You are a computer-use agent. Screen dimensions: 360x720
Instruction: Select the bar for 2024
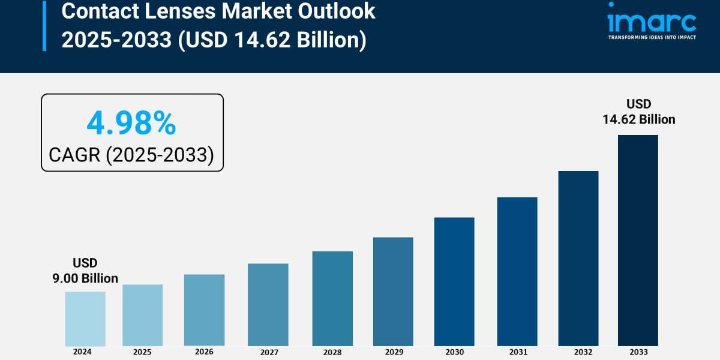pos(85,319)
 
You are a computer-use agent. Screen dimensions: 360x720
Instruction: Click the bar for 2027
pos(268,305)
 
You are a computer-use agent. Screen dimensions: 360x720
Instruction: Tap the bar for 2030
pos(454,281)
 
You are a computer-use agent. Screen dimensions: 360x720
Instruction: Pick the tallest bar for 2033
pos(638,240)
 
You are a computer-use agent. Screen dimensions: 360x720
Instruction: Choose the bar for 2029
pos(393,292)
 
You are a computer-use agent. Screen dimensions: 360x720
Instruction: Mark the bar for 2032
pos(578,258)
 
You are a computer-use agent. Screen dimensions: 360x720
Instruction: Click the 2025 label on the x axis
pos(142,352)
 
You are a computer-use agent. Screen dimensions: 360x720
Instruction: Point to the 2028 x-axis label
pos(332,352)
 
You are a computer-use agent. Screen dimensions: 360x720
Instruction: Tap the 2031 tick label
pos(517,352)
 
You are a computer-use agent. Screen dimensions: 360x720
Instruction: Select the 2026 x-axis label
pos(204,352)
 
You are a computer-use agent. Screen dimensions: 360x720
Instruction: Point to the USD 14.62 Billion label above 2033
pos(638,112)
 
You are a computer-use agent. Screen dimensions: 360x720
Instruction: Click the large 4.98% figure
pos(131,124)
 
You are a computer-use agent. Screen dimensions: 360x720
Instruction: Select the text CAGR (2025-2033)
pos(131,155)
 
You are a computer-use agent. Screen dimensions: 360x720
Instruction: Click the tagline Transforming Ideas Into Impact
pos(652,37)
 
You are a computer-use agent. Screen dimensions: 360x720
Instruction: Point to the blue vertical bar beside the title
pos(44,25)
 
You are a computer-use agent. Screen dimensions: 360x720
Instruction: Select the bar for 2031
pos(517,271)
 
